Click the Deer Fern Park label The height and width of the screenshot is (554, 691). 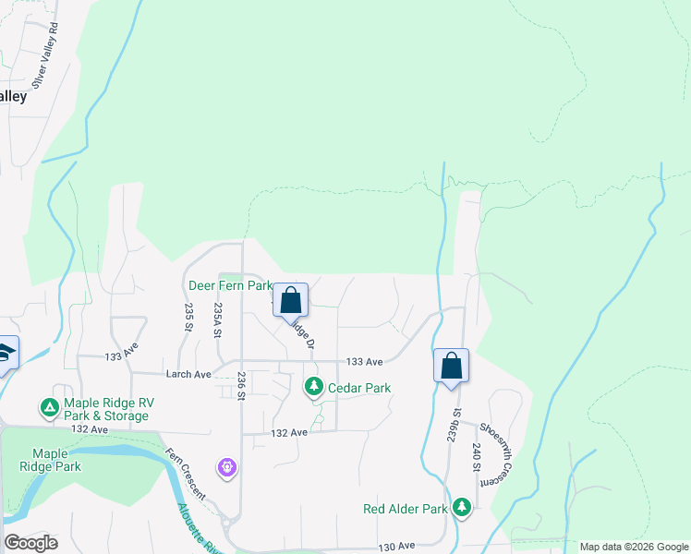[x=230, y=286]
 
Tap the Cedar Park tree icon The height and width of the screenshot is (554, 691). [x=315, y=387]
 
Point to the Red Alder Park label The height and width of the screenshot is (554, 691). [x=406, y=509]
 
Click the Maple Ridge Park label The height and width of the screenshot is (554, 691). [x=56, y=460]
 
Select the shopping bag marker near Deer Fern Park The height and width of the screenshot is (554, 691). [x=290, y=300]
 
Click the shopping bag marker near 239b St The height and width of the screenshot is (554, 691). [x=451, y=365]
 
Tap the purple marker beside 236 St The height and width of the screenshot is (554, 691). [x=227, y=468]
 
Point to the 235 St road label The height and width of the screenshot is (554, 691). [x=188, y=317]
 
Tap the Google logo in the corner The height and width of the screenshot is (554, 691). [x=30, y=543]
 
